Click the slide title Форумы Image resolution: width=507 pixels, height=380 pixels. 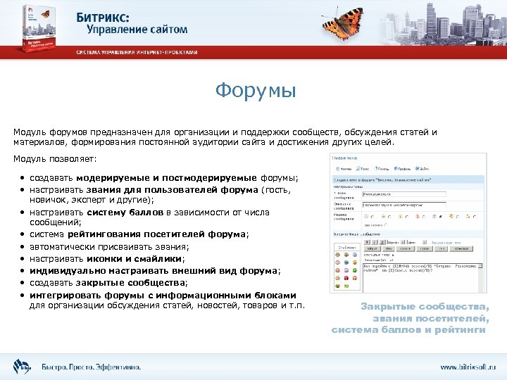click(256, 91)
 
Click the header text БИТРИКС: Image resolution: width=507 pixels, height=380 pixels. click(118, 15)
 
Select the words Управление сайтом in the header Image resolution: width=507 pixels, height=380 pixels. click(137, 30)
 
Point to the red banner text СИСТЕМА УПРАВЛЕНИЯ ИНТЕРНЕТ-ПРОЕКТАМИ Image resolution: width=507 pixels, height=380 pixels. click(137, 52)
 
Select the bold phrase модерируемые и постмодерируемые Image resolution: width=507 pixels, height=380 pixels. click(168, 177)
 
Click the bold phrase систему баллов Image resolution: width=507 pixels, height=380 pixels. click(126, 211)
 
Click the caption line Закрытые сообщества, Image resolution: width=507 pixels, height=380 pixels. click(424, 306)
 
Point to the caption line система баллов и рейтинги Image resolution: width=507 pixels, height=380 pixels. click(408, 329)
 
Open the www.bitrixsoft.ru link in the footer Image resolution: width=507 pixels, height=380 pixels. click(468, 367)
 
